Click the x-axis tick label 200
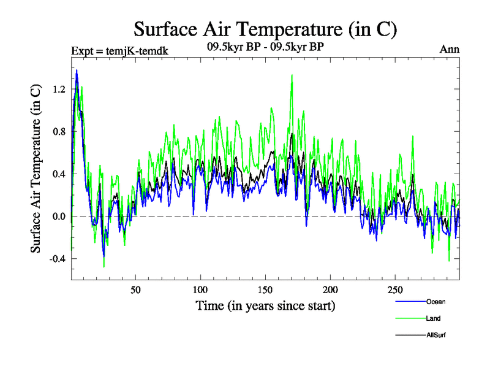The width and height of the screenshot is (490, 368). click(330, 289)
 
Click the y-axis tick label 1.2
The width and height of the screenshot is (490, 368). click(59, 89)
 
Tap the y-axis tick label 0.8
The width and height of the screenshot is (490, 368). click(59, 131)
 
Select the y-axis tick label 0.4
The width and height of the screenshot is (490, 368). click(59, 174)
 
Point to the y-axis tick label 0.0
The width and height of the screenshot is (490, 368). click(59, 216)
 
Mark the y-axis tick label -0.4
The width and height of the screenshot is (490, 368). click(57, 258)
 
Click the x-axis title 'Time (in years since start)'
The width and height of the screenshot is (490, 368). click(265, 305)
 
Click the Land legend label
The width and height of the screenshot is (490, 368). click(433, 318)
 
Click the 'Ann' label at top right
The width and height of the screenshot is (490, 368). click(450, 50)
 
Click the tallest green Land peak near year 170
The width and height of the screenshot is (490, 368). click(292, 75)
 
